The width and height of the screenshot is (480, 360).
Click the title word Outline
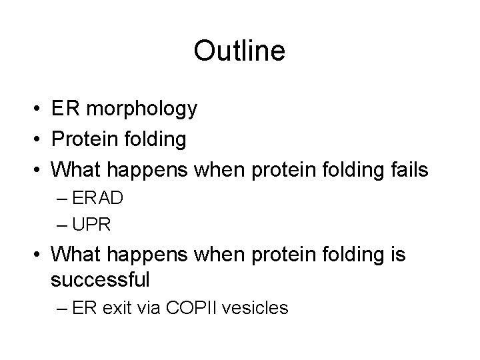239,51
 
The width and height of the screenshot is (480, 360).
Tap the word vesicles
257,308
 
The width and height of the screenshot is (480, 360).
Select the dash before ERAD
64,198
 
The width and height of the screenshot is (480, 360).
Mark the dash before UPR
64,225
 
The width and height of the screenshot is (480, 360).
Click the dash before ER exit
64,308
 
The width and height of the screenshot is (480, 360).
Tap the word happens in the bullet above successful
150,254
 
